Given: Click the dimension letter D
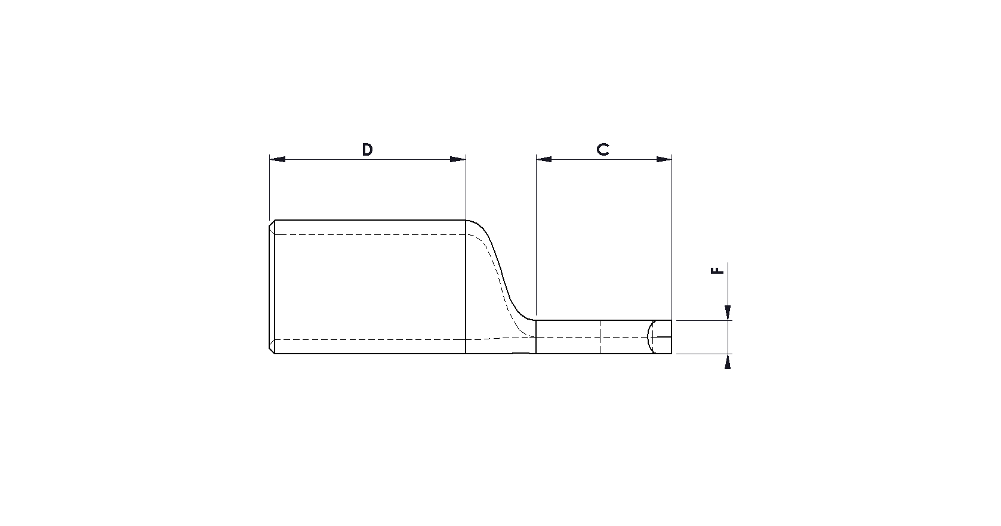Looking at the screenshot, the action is pos(367,150).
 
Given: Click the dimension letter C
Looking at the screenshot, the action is pos(603,150).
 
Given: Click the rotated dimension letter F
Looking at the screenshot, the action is pos(717,270).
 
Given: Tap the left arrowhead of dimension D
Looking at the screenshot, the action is pos(278,159).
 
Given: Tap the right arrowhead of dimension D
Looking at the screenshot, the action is pos(458,159).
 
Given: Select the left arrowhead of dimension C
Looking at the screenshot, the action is pos(544,159).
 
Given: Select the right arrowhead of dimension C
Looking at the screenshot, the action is pos(664,159).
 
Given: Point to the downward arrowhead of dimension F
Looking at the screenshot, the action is pos(728,312).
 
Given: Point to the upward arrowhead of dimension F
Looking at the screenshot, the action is pos(728,361).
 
